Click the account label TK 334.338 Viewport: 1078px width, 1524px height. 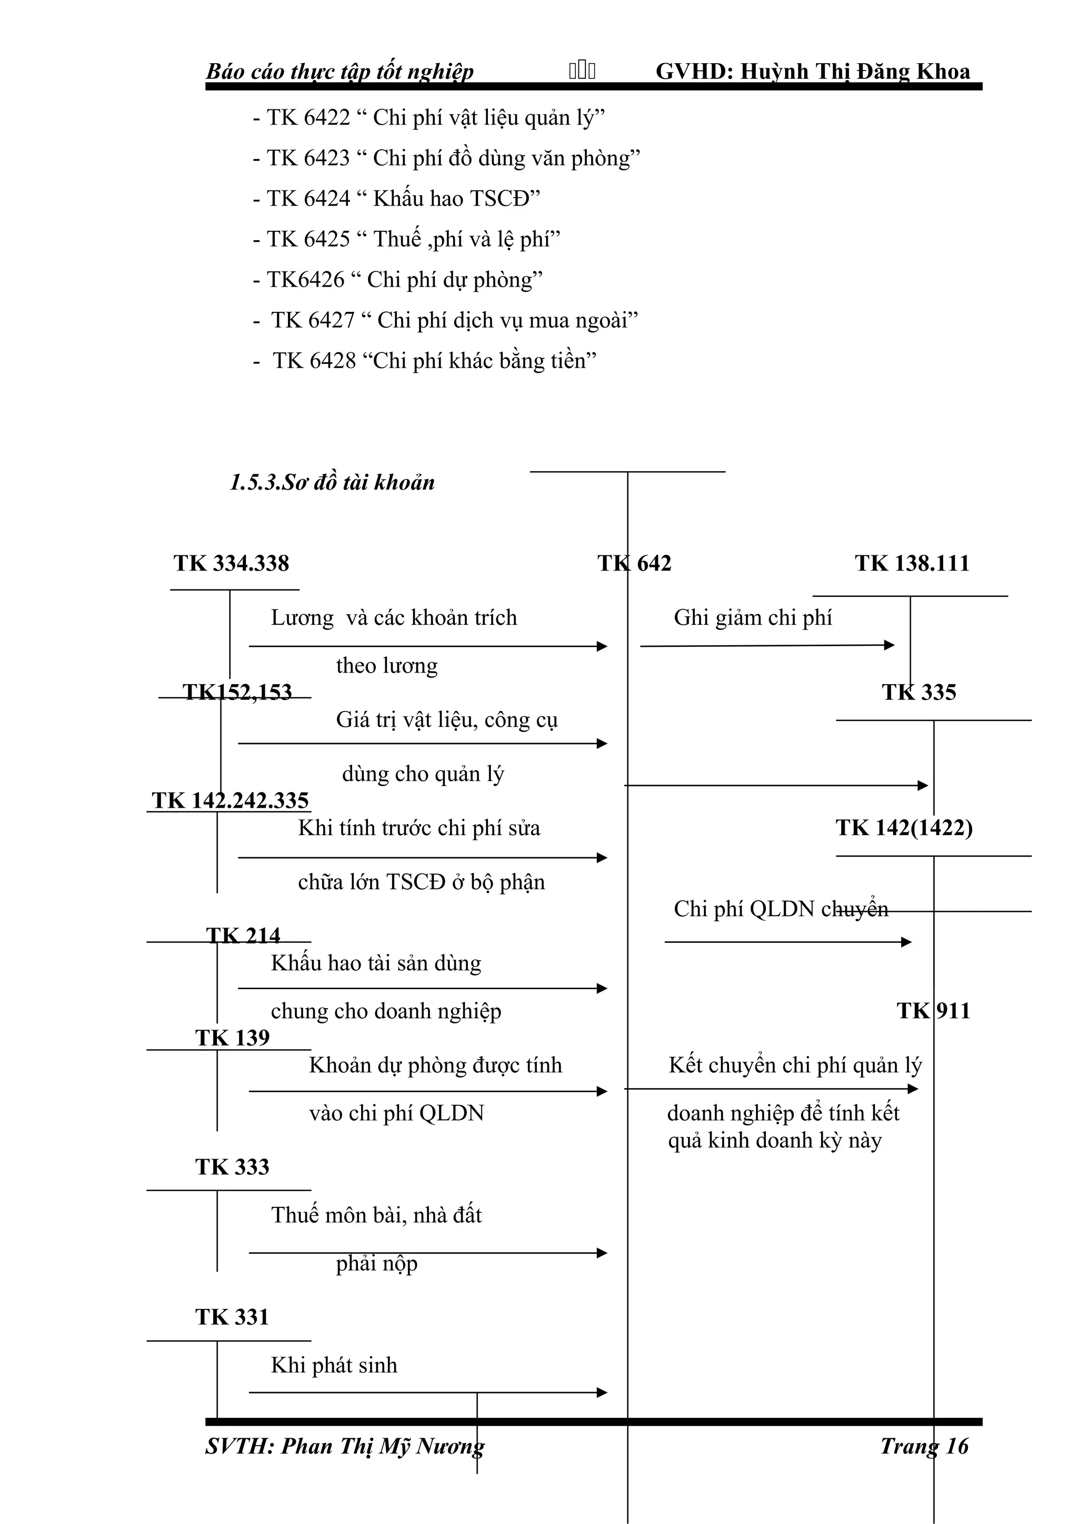click(231, 564)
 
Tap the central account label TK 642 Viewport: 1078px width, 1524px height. click(634, 564)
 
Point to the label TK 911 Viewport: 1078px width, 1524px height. click(933, 1011)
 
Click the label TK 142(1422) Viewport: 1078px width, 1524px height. click(904, 828)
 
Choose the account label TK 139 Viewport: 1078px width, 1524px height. click(233, 1038)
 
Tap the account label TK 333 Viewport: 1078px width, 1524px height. click(233, 1167)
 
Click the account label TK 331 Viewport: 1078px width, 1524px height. click(233, 1317)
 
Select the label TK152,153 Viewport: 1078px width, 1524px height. click(237, 692)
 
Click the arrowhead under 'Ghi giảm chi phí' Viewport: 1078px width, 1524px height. click(890, 645)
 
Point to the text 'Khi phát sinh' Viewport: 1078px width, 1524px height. click(334, 1365)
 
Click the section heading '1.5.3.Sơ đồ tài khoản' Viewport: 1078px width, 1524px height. click(332, 483)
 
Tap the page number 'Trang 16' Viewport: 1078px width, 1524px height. click(924, 1446)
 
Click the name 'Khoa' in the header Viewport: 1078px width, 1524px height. click(943, 72)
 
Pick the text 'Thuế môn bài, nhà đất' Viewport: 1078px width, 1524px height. click(376, 1215)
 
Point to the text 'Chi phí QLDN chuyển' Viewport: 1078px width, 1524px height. click(781, 909)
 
